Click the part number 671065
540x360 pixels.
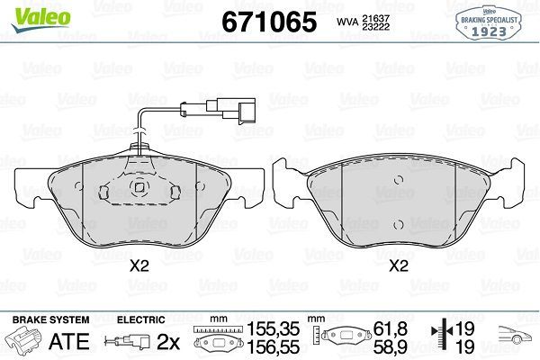(269, 22)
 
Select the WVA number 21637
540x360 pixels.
(375, 18)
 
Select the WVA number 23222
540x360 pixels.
(375, 27)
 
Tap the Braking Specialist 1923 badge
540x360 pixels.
(489, 22)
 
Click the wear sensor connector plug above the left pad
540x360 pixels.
(238, 110)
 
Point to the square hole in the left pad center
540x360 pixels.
(139, 187)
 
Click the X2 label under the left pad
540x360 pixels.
(139, 265)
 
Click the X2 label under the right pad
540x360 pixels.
(399, 265)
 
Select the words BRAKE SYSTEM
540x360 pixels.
(50, 319)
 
